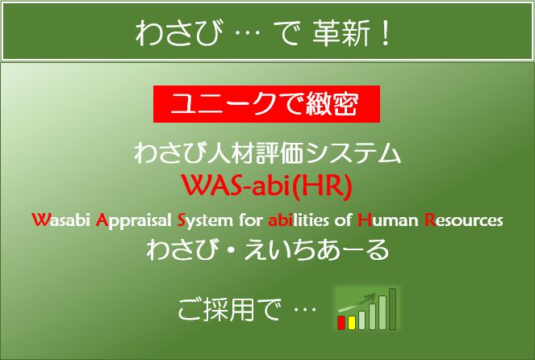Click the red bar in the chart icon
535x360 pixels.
coord(341,322)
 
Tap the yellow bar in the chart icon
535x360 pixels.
coord(352,322)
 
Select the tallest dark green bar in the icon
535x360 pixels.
coord(393,309)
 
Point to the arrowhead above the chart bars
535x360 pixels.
coord(370,297)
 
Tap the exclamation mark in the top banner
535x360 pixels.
coord(386,33)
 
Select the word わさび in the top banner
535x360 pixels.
coord(177,33)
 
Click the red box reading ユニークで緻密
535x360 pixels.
coord(266,104)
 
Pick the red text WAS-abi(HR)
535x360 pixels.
coord(267,186)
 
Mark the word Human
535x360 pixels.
coord(388,220)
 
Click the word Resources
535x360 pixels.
coord(464,220)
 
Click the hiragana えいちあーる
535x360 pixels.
coord(317,250)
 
